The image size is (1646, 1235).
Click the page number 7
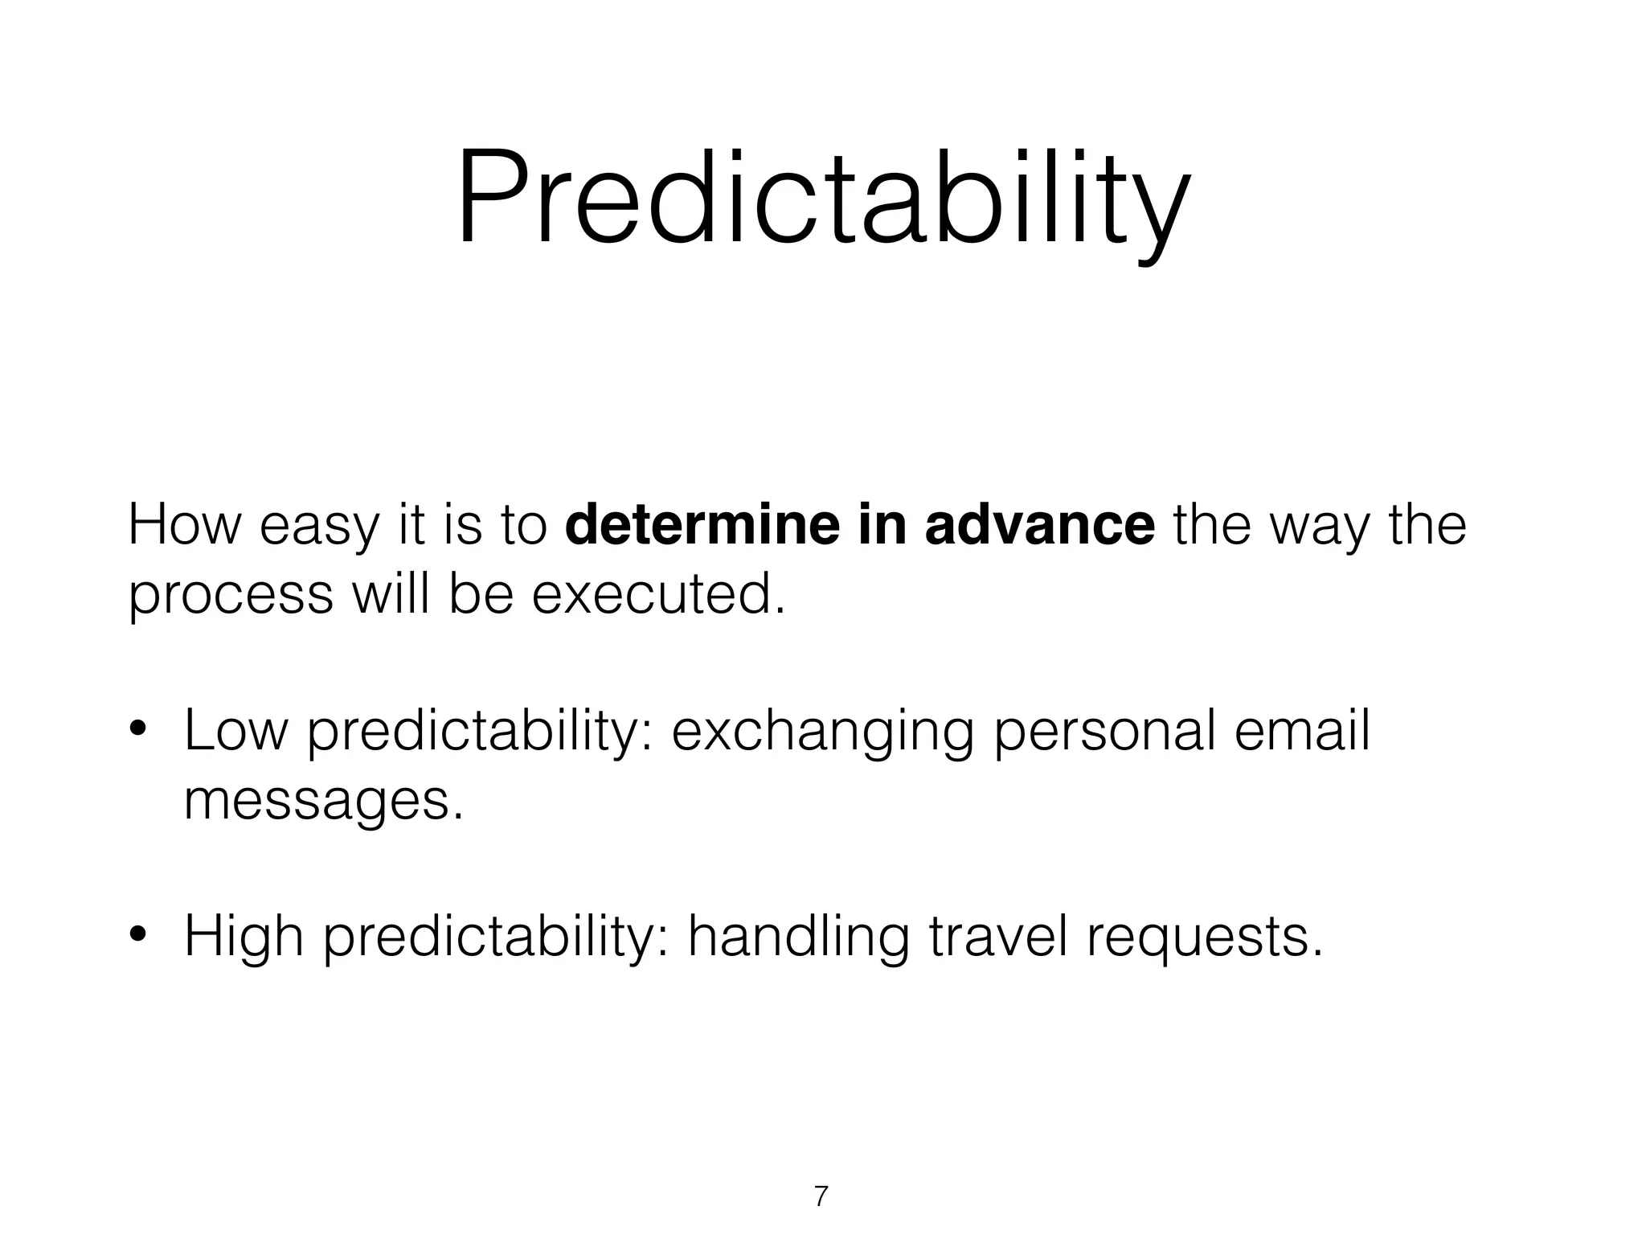[x=821, y=1196]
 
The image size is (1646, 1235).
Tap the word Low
[x=235, y=731]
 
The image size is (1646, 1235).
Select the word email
[x=1301, y=731]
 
